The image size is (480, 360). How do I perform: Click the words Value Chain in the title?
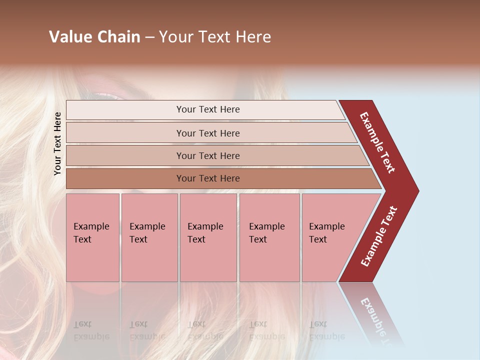tap(94, 37)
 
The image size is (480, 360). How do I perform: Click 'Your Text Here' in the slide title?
tap(215, 37)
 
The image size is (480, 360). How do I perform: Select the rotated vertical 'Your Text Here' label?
tap(57, 143)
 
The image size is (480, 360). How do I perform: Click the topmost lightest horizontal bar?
tap(205, 109)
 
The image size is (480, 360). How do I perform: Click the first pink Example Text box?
tap(92, 237)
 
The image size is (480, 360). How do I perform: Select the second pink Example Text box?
tap(149, 237)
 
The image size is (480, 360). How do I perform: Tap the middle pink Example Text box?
tap(208, 237)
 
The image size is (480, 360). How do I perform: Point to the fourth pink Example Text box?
tap(269, 237)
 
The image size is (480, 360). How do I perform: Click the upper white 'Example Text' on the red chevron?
tap(377, 142)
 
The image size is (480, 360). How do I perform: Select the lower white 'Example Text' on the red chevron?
tap(379, 236)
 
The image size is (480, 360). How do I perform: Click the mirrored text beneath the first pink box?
tap(91, 330)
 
